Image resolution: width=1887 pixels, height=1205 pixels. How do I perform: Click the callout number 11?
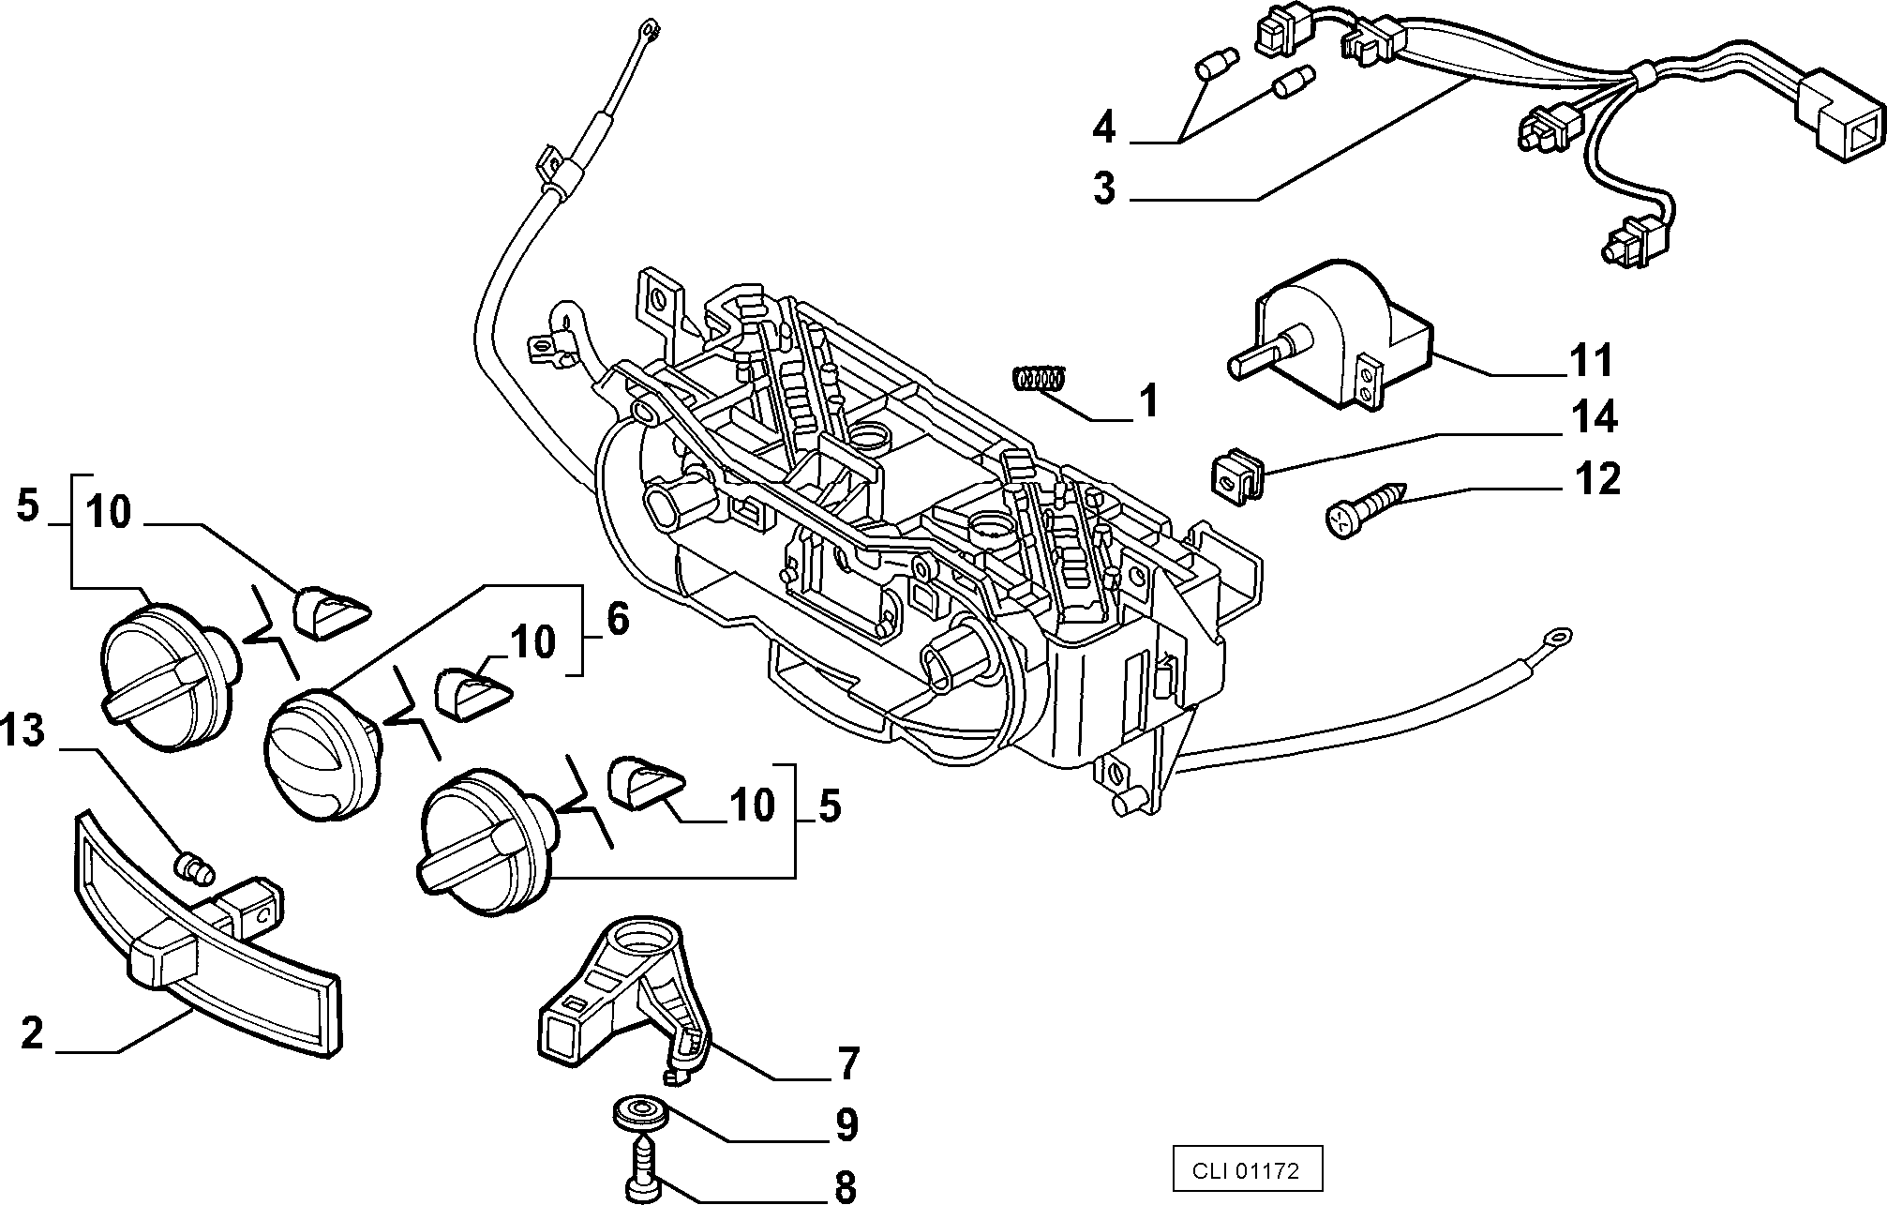pos(1590,360)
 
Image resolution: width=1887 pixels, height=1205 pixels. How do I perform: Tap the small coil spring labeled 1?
pos(1040,378)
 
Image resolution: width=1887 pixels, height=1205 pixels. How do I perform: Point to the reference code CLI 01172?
pos(1245,1170)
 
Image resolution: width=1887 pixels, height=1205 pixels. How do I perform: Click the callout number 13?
pos(22,730)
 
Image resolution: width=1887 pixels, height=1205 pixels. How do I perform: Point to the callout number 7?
pos(847,1063)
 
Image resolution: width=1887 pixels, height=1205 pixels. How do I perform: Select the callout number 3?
pos(1104,188)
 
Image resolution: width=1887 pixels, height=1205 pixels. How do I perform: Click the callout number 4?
pos(1104,127)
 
